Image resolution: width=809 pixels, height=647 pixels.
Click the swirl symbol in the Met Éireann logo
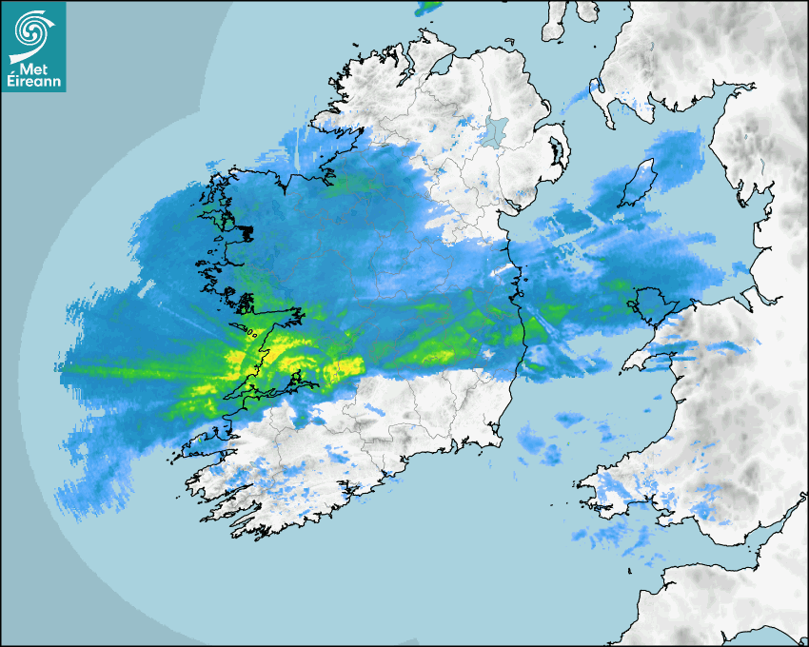(32, 29)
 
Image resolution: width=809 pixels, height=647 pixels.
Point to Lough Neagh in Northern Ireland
(493, 129)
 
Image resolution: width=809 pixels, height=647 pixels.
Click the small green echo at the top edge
(429, 7)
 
